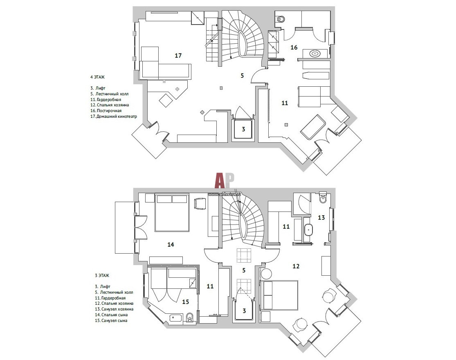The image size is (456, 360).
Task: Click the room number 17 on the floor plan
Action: [178, 55]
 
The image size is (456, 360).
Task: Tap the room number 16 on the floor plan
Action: [294, 47]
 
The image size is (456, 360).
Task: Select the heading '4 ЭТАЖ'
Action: [97, 77]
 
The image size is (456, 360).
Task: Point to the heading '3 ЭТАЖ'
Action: [102, 275]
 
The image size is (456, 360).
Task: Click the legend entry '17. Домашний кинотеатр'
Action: [113, 116]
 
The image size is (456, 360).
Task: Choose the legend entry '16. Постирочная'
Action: [106, 110]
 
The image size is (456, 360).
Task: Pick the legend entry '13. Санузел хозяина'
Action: [114, 309]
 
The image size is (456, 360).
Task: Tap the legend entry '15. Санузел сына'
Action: [111, 320]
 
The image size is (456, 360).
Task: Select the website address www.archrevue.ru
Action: [224, 194]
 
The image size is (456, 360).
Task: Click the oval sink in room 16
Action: [315, 54]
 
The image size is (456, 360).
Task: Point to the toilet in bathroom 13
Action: [323, 198]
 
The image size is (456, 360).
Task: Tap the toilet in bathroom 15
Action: [190, 318]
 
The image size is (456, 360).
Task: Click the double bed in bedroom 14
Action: [172, 213]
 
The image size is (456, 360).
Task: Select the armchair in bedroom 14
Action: [200, 203]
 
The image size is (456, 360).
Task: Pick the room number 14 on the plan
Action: [171, 245]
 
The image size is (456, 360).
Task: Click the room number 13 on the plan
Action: [321, 217]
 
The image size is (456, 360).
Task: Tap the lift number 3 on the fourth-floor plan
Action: [243, 129]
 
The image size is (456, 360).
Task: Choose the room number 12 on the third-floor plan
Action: [296, 266]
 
